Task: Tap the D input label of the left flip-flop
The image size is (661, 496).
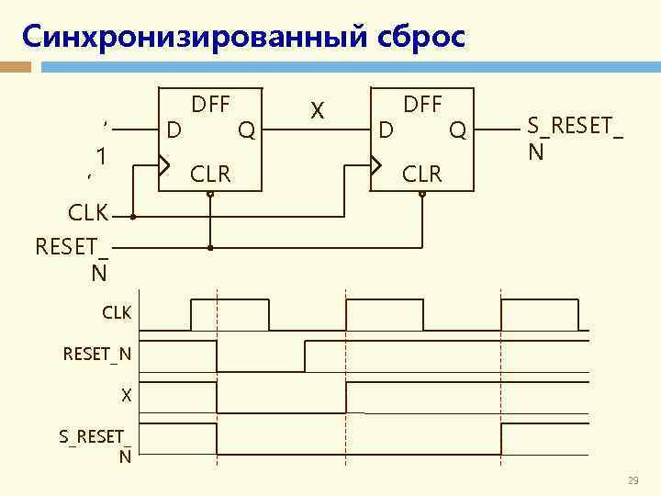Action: coord(173,131)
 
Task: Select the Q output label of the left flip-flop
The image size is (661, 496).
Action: coord(246,131)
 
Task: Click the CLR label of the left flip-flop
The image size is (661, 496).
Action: coord(210,172)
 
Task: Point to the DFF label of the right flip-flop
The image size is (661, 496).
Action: coord(422,105)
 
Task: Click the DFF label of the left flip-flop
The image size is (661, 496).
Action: coord(210,105)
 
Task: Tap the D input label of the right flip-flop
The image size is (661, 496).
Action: coord(387,131)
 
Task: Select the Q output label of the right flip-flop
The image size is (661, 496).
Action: coord(457,131)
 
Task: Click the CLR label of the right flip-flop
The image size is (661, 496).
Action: coord(422,172)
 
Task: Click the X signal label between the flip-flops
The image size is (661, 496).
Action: coord(317,111)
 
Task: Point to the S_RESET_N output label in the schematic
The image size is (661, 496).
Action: coord(574,137)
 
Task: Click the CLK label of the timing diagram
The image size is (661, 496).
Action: coord(117,313)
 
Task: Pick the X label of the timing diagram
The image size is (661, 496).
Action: coord(127,396)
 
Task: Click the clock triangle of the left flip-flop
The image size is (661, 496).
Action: coord(163,166)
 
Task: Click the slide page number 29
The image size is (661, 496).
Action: coord(632,481)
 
